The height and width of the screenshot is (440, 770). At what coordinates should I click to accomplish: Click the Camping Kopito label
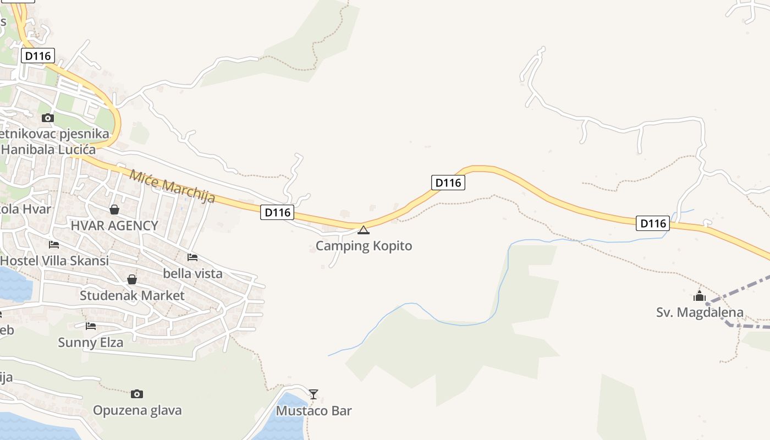pos(364,245)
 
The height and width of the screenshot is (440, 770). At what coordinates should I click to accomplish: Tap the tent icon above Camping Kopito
pos(364,230)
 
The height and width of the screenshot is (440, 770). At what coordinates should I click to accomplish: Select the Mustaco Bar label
pos(313,411)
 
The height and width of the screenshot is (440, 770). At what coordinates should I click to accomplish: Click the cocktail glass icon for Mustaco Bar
pos(313,394)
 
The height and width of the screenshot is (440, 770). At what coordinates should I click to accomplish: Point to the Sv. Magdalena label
pos(700,312)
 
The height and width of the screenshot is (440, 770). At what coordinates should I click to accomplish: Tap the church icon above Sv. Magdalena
pos(700,296)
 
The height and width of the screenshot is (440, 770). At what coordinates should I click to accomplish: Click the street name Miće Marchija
pos(172,186)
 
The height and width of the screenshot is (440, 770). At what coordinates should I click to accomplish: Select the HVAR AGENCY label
pos(114,225)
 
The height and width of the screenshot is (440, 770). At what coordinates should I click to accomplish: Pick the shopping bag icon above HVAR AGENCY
pos(114,210)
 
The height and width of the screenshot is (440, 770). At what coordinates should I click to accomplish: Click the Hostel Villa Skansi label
pos(54,261)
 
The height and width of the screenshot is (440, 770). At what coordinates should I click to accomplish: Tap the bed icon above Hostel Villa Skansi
pos(53,245)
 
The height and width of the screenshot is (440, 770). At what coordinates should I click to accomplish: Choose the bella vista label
pos(193,273)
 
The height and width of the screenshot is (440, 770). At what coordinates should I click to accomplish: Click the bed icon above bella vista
pos(193,257)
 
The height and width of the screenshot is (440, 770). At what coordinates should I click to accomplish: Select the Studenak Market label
pos(132,295)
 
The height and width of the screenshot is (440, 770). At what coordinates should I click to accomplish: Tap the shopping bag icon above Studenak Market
pos(132,279)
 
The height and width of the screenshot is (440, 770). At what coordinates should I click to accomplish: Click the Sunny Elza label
pos(91,342)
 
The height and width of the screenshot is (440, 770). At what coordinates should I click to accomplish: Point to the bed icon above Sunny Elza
pos(91,326)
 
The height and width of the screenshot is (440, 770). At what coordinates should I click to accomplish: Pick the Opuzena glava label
pos(137,410)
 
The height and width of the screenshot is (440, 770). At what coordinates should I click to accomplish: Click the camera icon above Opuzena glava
pos(137,394)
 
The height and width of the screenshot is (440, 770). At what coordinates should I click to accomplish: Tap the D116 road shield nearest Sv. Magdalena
pos(653,223)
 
